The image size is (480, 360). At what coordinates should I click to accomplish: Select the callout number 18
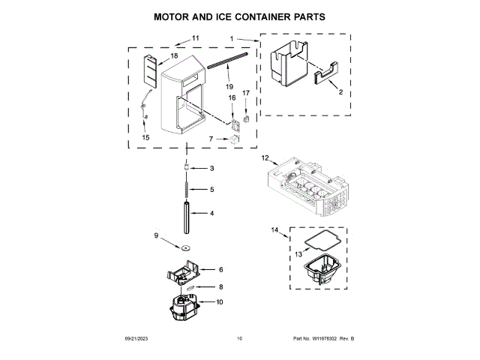(174, 56)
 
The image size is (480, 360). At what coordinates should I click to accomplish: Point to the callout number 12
(265, 158)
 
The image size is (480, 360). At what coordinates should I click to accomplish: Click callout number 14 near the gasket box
(274, 229)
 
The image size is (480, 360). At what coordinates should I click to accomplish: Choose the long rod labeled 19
(229, 65)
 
